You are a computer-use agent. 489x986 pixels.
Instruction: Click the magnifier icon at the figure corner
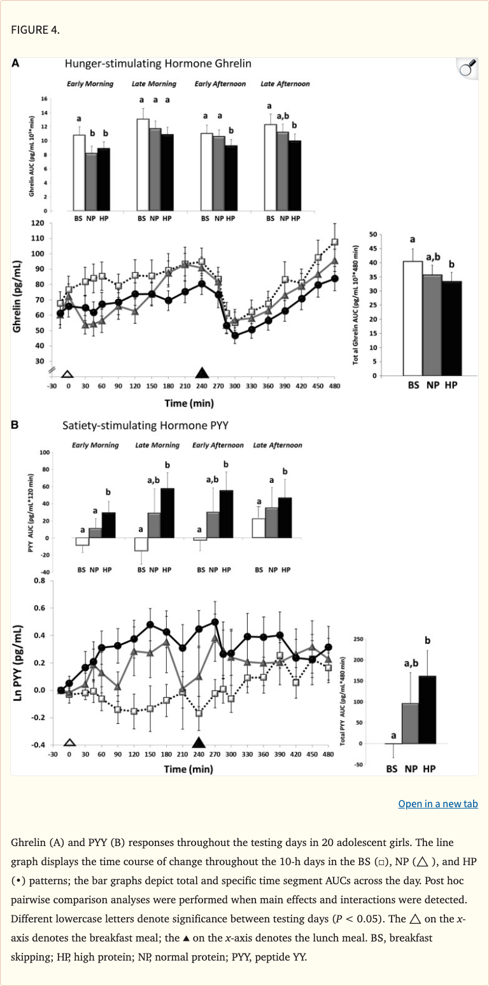[x=467, y=68]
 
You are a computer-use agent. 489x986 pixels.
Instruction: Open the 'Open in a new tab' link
[x=437, y=803]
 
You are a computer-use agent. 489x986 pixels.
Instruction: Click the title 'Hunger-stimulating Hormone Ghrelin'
[x=158, y=64]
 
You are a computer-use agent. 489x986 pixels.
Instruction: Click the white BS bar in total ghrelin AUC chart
[x=413, y=318]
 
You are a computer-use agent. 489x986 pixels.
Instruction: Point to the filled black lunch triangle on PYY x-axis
[x=199, y=742]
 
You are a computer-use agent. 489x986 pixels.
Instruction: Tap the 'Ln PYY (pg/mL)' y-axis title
[x=17, y=663]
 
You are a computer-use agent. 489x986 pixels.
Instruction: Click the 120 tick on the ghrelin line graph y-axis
[x=37, y=223]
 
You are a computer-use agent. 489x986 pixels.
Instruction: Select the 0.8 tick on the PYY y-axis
[x=39, y=580]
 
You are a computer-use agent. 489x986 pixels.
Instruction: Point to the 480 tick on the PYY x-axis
[x=328, y=754]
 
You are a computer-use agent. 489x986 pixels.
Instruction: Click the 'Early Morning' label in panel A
[x=90, y=84]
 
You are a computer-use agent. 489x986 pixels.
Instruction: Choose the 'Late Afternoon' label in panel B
[x=278, y=445]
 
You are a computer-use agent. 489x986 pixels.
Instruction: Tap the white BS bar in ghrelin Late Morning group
[x=143, y=165]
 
